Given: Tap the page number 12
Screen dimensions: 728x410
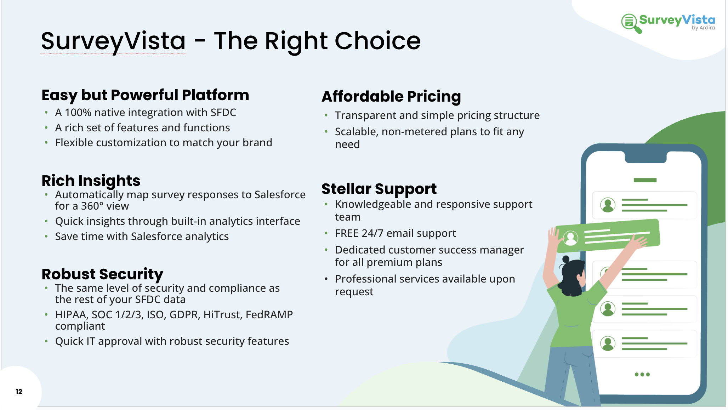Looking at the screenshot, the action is click(19, 392).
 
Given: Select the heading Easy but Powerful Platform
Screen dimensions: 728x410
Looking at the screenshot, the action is click(145, 95).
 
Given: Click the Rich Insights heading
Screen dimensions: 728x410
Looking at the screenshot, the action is click(91, 181).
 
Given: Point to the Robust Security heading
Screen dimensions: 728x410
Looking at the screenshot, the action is click(102, 274).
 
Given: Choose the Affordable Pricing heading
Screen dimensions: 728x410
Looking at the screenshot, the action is click(391, 97).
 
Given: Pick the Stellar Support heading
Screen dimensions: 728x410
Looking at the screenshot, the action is click(379, 189).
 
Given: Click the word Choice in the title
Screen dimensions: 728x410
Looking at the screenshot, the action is click(377, 41).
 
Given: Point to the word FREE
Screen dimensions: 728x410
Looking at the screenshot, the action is click(347, 233).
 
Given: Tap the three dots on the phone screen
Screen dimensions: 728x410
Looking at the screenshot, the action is click(642, 374).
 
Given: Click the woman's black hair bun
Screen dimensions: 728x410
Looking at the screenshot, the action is click(566, 259).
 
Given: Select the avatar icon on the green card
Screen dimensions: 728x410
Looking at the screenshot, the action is click(570, 238).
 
